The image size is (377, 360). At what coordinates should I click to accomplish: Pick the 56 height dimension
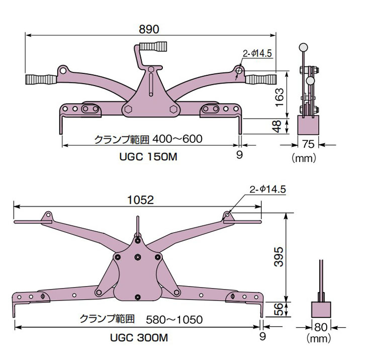click(280, 309)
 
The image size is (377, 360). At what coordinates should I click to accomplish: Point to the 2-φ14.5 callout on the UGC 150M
click(257, 52)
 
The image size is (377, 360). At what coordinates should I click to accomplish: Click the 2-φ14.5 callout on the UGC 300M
click(268, 190)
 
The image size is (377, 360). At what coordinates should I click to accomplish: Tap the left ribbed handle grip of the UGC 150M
click(41, 78)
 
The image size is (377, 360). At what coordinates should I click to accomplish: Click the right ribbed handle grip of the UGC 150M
click(260, 78)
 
